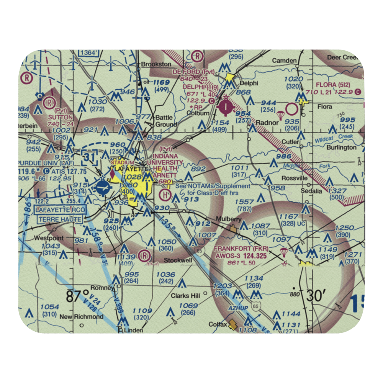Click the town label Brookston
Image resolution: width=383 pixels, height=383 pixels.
point(156,64)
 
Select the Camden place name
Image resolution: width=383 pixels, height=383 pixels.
point(285,61)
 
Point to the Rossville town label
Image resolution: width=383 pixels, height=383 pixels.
point(295,178)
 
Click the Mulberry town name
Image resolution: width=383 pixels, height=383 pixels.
point(228,219)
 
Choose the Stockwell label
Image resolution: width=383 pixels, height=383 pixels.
point(178,261)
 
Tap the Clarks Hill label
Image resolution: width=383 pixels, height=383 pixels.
point(186,296)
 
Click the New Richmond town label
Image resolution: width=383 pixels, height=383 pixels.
point(81,317)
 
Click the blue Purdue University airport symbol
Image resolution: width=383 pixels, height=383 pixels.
point(103,188)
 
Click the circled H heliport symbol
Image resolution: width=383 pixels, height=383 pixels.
point(165,195)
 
